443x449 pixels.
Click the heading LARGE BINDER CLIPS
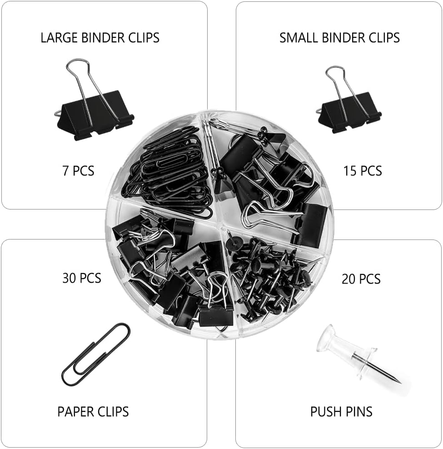pos(100,37)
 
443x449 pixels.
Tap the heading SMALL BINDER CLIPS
pos(339,37)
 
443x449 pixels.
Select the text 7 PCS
pos(78,171)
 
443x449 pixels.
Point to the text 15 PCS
pos(363,171)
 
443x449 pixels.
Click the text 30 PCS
pos(82,277)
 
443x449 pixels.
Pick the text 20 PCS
pos(361,278)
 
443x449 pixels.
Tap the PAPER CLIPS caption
pos(93,412)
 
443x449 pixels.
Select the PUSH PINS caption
pos(341,412)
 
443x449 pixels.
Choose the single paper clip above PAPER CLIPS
pos(95,354)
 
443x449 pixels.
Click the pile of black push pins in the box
pos(268,277)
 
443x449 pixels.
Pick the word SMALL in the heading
pos(298,37)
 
